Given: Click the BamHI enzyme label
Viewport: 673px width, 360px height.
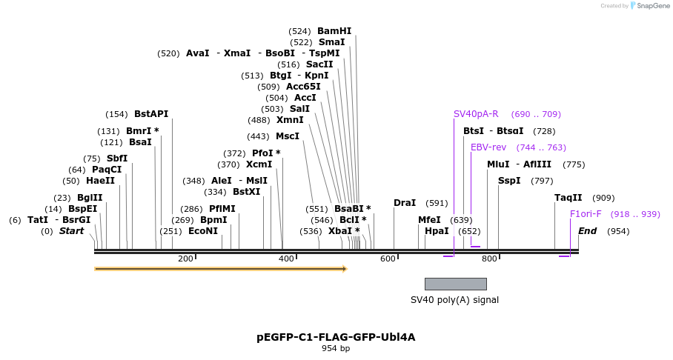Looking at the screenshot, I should (334, 31).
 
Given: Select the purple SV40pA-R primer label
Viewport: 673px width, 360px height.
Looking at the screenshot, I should (476, 114).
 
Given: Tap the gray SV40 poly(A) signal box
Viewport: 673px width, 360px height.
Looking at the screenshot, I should (455, 284).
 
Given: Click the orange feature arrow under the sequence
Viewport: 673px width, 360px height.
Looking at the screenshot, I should (220, 269).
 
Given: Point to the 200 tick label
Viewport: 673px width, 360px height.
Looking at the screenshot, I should (185, 259).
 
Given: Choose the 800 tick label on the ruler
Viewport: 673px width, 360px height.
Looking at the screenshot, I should (489, 259).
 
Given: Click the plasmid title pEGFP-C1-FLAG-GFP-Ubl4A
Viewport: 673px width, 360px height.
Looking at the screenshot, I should (336, 337).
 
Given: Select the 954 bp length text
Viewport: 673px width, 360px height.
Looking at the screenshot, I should (336, 348).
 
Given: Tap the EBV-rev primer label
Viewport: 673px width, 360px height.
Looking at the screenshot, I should (488, 147).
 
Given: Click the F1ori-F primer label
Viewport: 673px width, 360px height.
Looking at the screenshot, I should (586, 214).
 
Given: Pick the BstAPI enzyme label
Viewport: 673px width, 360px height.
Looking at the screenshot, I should (151, 114).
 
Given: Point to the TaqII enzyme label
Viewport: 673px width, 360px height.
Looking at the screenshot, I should (568, 198).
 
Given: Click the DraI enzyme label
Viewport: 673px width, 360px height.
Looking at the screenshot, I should (405, 203).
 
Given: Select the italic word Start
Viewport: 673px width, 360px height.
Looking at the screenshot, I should (71, 231).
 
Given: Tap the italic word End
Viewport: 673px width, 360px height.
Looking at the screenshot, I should (587, 231).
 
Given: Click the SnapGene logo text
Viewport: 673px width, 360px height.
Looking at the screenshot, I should (649, 6).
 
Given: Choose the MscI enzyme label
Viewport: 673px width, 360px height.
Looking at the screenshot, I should (288, 136).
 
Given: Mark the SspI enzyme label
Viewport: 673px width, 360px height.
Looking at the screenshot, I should (509, 181).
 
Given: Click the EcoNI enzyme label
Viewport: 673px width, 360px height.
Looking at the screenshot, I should (203, 231).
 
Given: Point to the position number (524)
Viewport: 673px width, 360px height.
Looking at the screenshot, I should (299, 31).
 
